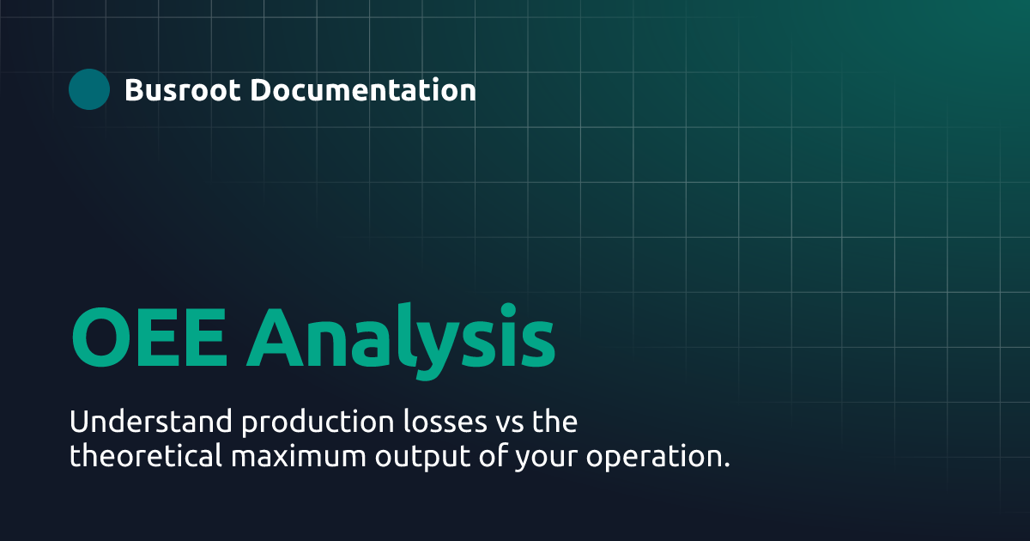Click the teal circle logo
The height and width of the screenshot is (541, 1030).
pos(89,89)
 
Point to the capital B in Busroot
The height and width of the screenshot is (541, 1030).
pos(134,90)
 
